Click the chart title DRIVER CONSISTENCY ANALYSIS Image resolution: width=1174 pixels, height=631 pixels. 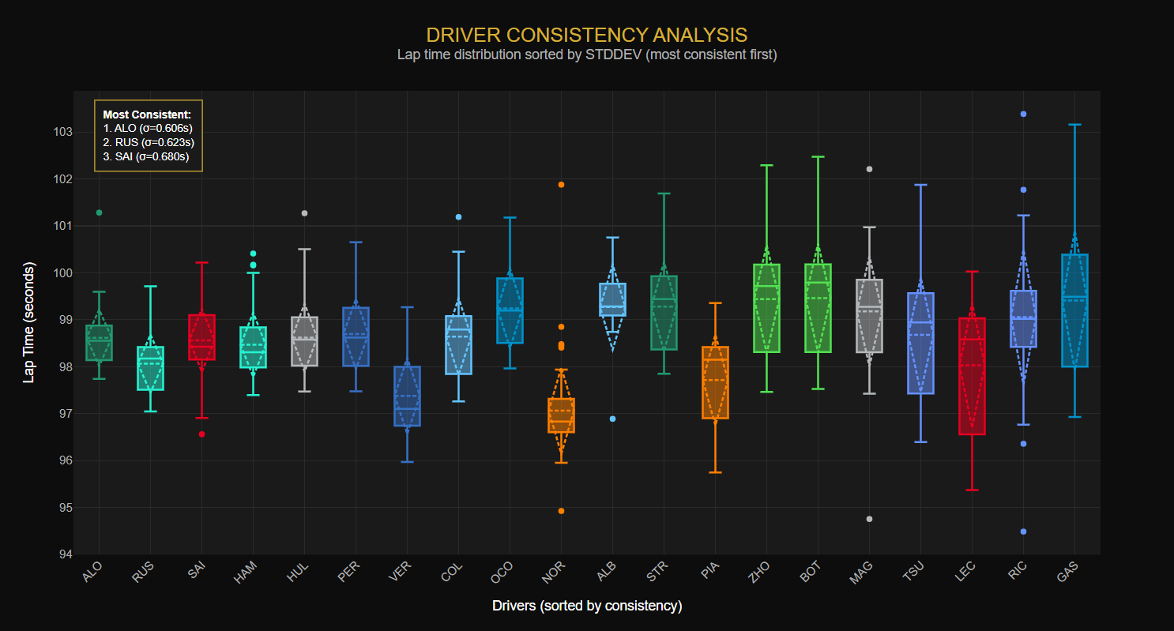tap(586, 35)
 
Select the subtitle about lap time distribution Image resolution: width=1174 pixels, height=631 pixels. tap(586, 55)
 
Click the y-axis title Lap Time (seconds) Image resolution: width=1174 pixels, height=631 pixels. tap(29, 322)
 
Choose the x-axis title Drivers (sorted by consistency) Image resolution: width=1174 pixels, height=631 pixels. tap(586, 606)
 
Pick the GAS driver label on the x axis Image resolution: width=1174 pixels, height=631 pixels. tap(1068, 572)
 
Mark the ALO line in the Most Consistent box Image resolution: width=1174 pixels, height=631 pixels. tap(148, 128)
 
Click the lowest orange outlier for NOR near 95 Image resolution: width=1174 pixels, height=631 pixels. tap(561, 511)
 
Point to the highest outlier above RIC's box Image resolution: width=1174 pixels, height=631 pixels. tap(1023, 114)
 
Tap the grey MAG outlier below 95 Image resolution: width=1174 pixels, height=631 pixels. tap(869, 519)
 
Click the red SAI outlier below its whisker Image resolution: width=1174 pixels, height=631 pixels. tap(202, 434)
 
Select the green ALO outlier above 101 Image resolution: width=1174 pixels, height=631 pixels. tap(100, 212)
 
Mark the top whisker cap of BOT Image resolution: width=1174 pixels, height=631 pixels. tap(818, 157)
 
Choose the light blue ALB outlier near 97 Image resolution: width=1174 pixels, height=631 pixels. tap(612, 419)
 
